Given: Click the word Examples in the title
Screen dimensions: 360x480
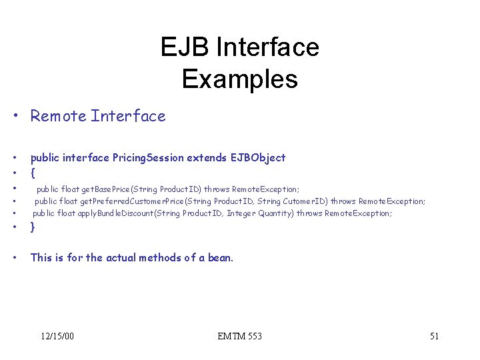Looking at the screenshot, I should [239, 79].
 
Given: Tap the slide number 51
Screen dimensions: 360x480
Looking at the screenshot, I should [434, 336].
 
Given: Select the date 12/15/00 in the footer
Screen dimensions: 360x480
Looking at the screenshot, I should [57, 336].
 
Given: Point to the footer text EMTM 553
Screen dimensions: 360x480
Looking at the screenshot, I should [239, 336].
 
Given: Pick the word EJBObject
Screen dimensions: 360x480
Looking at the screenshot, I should [258, 158].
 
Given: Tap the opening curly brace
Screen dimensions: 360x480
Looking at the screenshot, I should [33, 173].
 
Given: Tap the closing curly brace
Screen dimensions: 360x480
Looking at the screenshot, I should [33, 227].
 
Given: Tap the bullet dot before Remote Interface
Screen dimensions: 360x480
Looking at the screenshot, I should [15, 117].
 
